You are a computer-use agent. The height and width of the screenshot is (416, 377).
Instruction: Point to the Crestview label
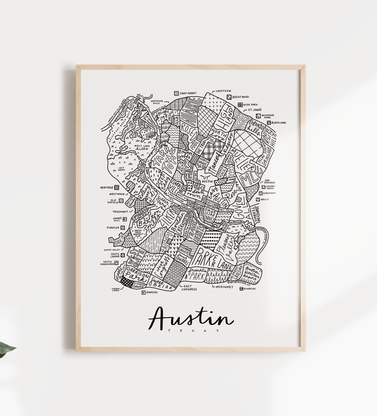(x=224, y=90)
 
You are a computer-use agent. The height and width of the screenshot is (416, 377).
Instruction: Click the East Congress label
(x=188, y=288)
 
